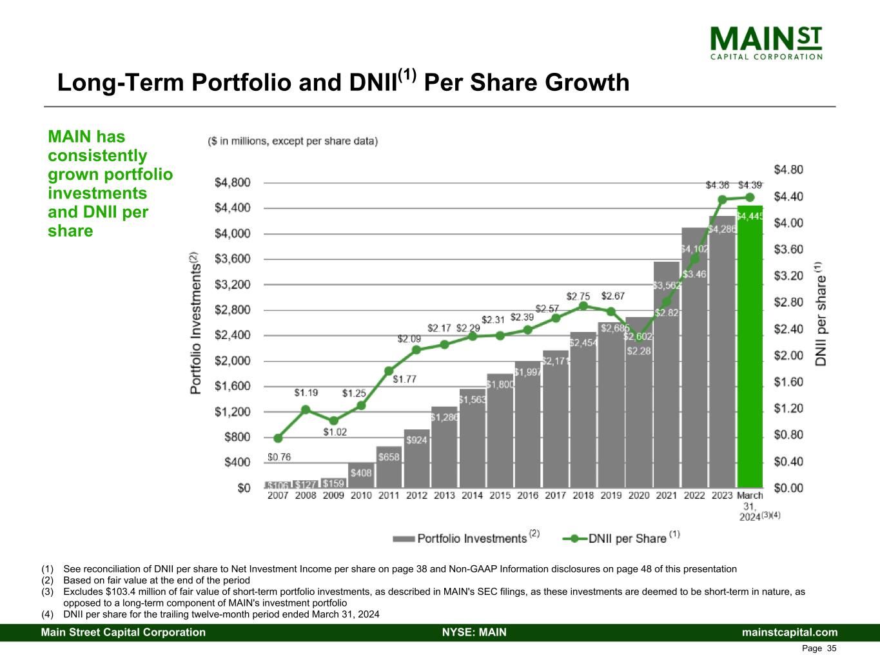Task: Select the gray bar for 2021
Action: (x=667, y=387)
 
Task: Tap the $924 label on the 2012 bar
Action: (x=416, y=440)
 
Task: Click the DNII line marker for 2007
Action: (x=278, y=438)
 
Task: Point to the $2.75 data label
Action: (x=578, y=296)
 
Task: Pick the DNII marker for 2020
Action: (x=639, y=337)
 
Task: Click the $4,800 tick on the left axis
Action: (x=232, y=183)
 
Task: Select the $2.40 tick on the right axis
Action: (x=788, y=329)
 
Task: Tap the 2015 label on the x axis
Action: (x=500, y=496)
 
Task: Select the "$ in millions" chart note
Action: (x=293, y=141)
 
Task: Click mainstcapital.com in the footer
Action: (x=790, y=632)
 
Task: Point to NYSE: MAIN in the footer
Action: (x=474, y=632)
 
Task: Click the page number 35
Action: (x=832, y=648)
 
